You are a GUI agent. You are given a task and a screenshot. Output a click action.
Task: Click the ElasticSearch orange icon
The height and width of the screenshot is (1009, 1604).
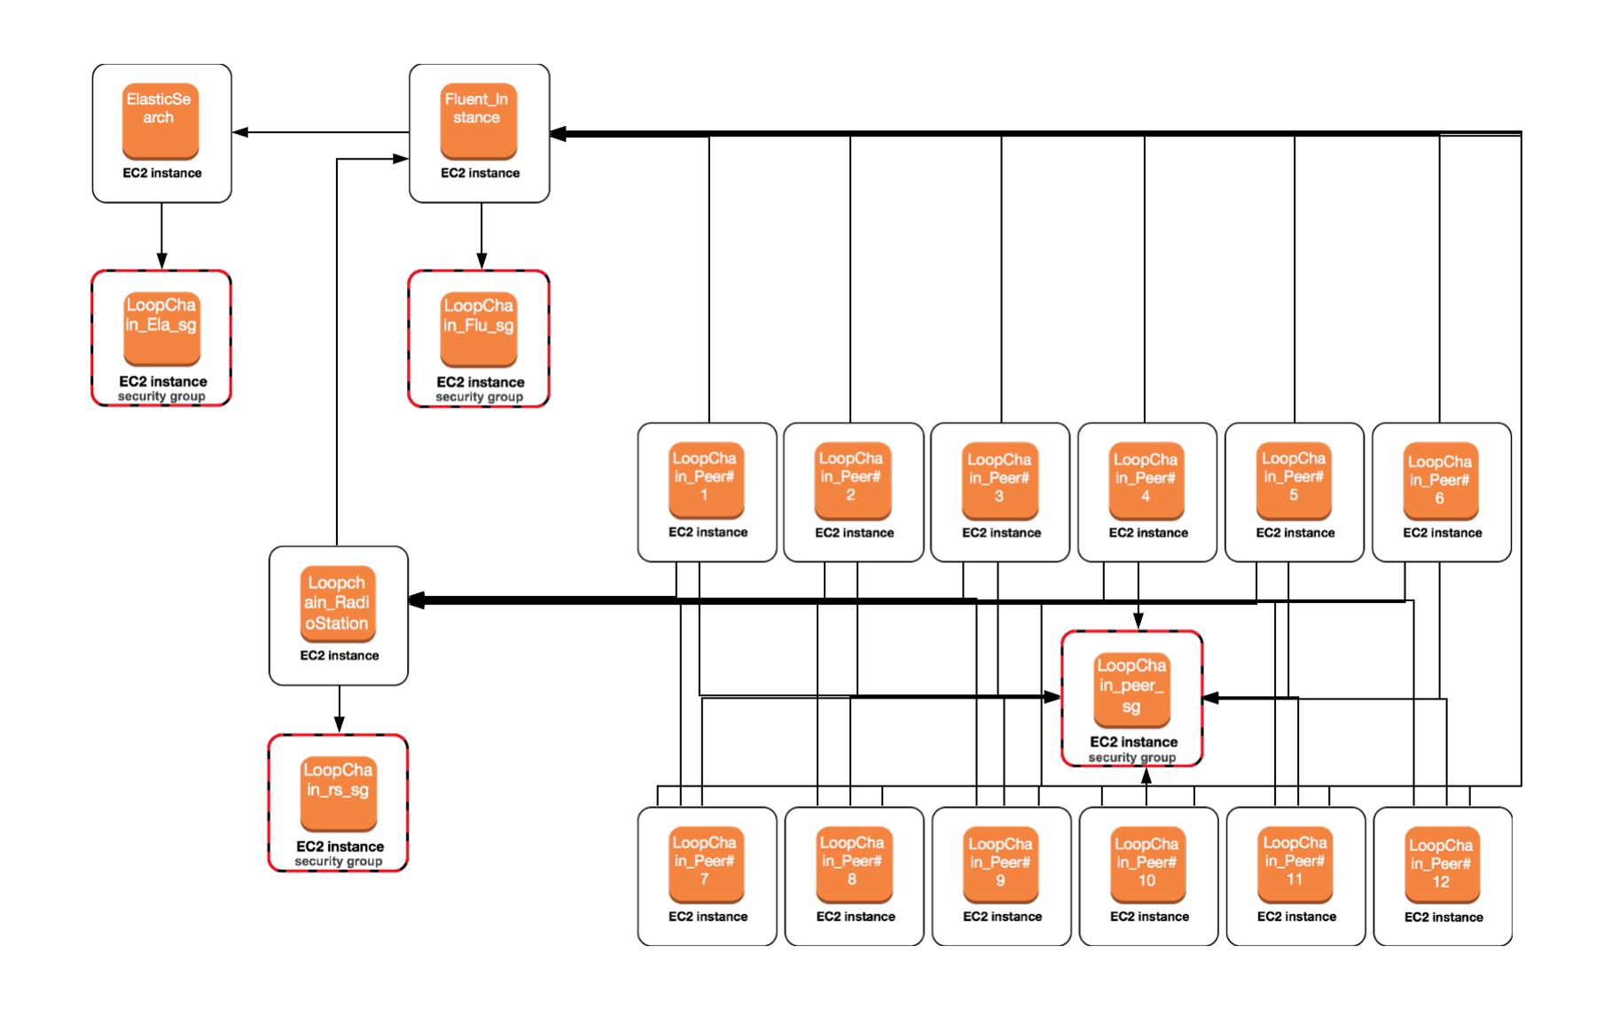(x=160, y=120)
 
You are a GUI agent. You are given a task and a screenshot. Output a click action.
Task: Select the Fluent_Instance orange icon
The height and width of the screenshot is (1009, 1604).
(x=478, y=120)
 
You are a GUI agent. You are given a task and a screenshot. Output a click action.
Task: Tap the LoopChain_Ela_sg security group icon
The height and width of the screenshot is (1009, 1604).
(x=161, y=327)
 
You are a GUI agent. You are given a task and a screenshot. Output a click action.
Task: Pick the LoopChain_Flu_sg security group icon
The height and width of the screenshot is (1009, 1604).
(x=479, y=328)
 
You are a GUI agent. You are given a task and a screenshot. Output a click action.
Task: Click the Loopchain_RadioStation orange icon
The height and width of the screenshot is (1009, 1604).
(x=338, y=603)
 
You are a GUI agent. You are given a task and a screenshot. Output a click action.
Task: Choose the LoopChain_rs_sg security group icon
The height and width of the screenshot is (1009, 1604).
(x=339, y=792)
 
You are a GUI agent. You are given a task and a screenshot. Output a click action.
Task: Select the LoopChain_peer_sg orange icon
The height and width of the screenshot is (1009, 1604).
(x=1132, y=688)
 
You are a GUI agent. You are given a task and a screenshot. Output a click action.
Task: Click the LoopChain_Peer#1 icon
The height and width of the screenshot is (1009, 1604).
(x=706, y=480)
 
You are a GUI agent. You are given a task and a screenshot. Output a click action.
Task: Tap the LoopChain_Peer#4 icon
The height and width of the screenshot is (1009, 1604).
(x=1146, y=480)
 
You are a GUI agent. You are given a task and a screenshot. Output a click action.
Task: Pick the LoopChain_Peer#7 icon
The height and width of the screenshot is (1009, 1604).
(x=706, y=864)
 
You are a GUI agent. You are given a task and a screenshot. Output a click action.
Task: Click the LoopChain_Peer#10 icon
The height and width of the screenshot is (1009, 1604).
(x=1146, y=864)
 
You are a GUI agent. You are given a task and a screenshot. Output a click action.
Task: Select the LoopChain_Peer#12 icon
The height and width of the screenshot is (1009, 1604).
(x=1441, y=866)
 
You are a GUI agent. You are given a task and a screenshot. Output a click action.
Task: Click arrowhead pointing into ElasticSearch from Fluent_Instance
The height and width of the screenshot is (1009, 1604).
(x=240, y=132)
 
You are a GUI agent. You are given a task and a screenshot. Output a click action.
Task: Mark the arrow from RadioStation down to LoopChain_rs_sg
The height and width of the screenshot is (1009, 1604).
(x=339, y=710)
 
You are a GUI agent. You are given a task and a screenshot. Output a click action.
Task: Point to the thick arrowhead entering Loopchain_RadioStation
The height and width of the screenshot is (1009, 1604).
(x=418, y=600)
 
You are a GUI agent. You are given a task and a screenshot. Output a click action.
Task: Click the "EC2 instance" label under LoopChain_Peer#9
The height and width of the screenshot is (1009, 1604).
(x=1002, y=917)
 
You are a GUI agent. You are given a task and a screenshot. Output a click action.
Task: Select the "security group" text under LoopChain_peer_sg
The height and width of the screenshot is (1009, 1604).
(x=1132, y=757)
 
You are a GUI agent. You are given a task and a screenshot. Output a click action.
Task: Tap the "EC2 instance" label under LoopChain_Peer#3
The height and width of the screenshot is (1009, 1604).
(x=1001, y=533)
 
